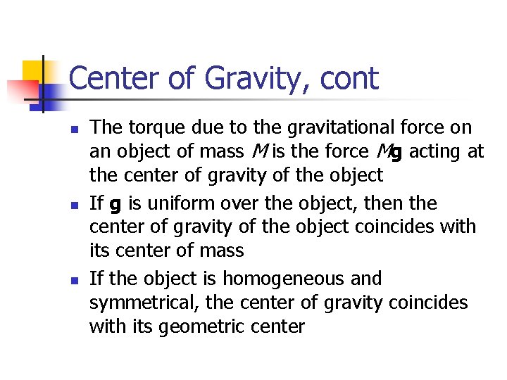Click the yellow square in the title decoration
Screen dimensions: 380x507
pyautogui.click(x=33, y=71)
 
